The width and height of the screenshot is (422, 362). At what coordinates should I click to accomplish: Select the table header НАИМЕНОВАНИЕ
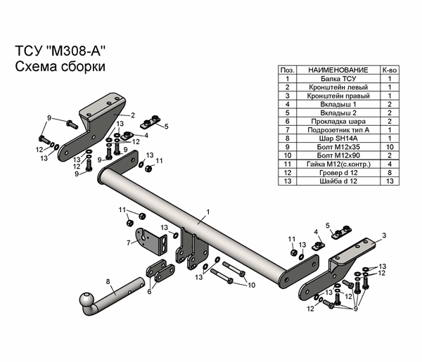(x=337, y=71)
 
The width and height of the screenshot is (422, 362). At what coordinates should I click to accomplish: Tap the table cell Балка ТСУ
(x=337, y=79)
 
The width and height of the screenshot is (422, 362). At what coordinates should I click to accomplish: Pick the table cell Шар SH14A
(x=337, y=138)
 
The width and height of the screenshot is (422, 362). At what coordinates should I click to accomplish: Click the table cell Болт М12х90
(x=337, y=155)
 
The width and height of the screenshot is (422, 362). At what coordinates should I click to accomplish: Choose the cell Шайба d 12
(x=337, y=180)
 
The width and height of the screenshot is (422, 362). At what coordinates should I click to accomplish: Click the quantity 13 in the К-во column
(x=389, y=180)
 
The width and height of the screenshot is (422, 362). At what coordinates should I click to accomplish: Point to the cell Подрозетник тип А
(x=337, y=129)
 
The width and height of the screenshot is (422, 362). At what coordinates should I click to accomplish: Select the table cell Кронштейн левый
(x=337, y=88)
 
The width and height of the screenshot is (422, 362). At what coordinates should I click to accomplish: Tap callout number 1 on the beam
(x=208, y=210)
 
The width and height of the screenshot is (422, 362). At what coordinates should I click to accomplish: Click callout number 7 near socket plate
(x=128, y=243)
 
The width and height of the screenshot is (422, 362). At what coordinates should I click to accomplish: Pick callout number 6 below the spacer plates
(x=149, y=291)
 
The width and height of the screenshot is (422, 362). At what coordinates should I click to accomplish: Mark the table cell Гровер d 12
(x=337, y=172)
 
